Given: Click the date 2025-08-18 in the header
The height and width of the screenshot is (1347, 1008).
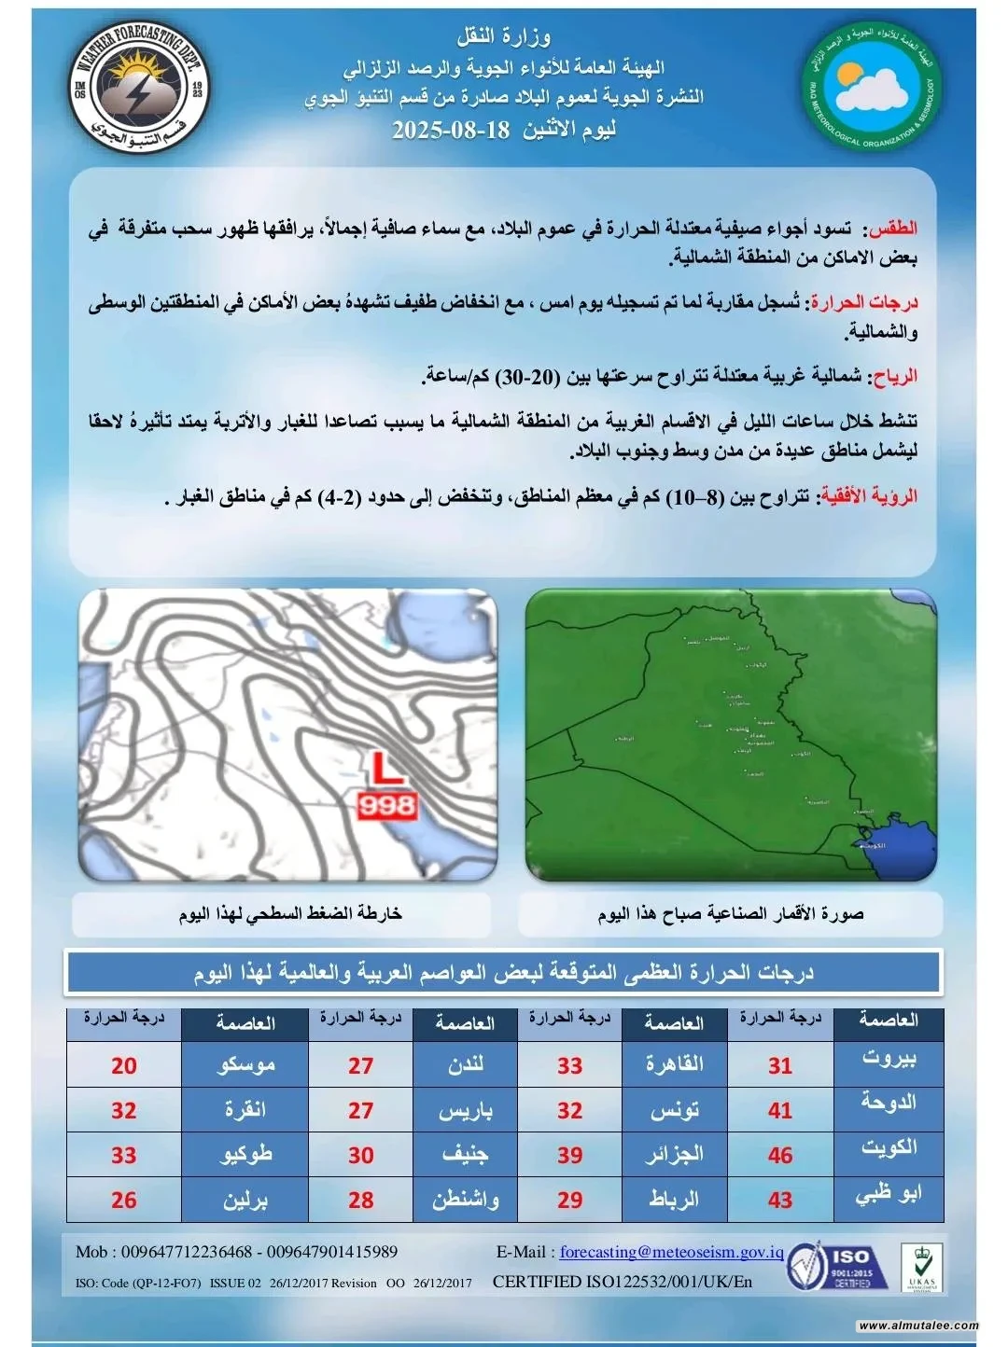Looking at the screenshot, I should coord(451,130).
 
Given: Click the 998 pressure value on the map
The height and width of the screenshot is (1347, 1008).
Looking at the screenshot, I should coord(386,806).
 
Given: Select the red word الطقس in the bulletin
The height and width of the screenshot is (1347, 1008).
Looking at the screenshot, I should coord(892,229).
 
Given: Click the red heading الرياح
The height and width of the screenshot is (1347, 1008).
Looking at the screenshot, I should coord(893,377).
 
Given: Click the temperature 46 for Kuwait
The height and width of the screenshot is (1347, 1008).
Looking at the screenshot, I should coord(780,1155).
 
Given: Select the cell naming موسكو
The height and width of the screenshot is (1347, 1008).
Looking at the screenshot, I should coord(245,1065).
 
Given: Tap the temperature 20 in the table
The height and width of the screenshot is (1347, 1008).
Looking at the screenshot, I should coord(124,1065).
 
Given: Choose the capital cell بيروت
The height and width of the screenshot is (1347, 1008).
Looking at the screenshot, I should coord(889,1060).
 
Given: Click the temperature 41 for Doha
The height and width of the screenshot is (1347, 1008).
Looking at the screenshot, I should coord(780,1110).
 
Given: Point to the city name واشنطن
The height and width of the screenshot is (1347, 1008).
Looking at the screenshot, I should coord(465,1200).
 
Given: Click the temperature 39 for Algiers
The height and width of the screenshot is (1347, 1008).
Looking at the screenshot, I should coord(570,1155).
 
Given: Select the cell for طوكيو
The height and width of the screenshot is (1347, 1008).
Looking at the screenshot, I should coord(245,1155).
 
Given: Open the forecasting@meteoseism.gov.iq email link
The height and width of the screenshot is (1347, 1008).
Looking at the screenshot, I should coord(671,1252).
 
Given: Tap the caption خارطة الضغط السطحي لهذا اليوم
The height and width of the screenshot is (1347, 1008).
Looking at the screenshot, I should coord(290,913).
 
